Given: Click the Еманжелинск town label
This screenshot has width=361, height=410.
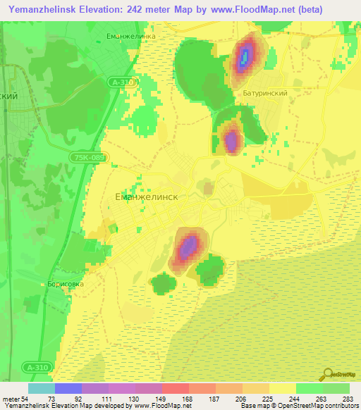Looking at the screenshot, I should point(146,198).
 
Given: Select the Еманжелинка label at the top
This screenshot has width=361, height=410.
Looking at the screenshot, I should point(130,36).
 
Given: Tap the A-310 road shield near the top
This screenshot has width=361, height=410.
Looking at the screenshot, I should point(123,82).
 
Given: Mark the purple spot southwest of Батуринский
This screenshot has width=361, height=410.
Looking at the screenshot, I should point(231,140).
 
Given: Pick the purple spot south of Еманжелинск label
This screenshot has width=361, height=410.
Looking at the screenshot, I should point(188,247).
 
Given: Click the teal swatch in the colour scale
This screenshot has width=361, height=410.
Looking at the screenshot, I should point(42,388).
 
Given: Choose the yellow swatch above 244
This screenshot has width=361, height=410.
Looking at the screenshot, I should point(282,388).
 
